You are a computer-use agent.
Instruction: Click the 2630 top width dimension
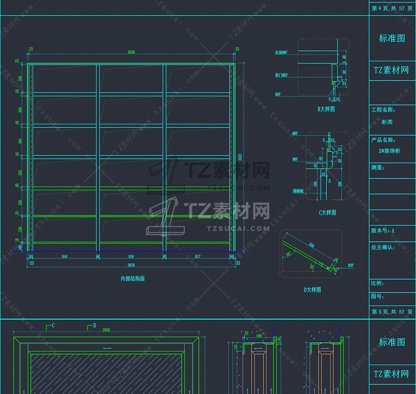(131, 52)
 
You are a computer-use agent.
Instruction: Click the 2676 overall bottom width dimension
(131, 265)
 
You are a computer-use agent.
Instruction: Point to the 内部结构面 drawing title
(133, 278)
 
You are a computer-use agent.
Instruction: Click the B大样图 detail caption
(326, 109)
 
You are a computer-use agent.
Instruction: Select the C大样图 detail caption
(327, 212)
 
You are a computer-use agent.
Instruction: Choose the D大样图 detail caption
(312, 290)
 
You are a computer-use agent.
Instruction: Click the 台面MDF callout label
(281, 53)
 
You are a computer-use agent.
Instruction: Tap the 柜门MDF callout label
(281, 75)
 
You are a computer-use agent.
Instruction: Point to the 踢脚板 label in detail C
(286, 192)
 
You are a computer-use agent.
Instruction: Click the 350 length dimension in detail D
(311, 245)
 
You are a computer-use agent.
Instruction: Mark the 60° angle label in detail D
(289, 254)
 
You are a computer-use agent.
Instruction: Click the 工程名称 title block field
(383, 110)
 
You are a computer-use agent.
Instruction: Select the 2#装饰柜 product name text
(389, 151)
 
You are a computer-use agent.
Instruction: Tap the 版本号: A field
(383, 231)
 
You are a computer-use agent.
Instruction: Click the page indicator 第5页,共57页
(392, 312)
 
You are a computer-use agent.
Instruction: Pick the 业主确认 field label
(383, 247)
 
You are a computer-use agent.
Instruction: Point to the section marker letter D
(94, 326)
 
